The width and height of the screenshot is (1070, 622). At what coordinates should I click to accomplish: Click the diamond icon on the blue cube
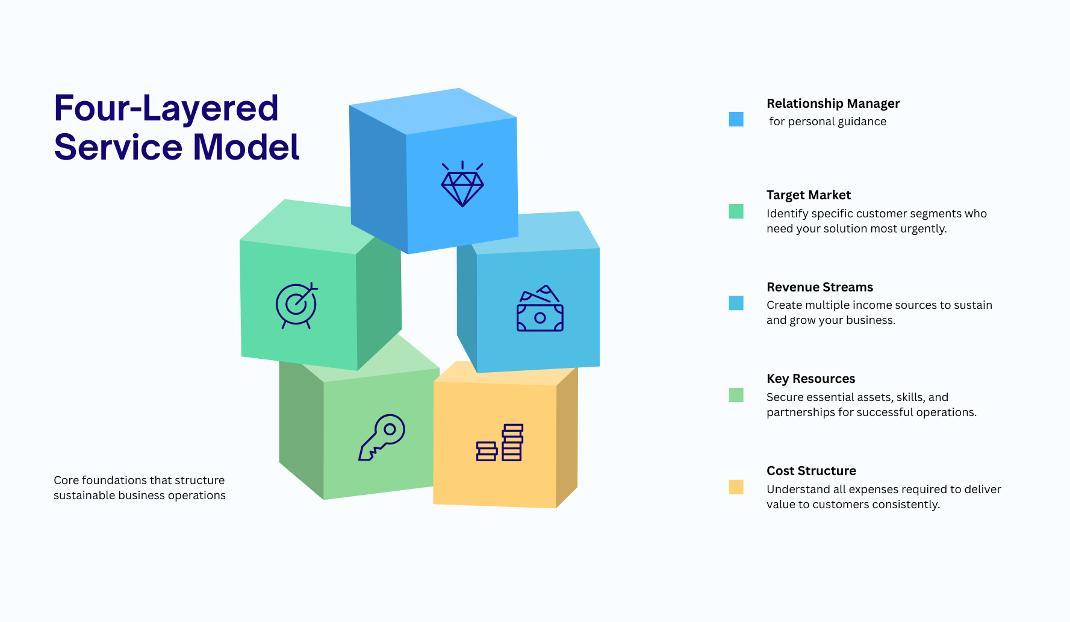462,184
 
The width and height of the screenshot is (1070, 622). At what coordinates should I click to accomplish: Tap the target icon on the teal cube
297,305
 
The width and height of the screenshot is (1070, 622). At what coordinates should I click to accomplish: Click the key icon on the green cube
382,437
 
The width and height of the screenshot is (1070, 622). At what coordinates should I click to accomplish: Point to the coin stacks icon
500,443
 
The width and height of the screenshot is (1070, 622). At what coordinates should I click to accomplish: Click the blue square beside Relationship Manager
736,119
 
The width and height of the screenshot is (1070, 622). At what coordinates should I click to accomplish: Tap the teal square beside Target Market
736,211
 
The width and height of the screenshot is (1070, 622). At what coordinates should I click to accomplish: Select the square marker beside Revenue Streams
736,303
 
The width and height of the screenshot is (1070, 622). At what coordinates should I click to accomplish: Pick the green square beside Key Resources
736,395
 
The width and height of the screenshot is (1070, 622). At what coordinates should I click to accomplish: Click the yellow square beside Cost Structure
736,487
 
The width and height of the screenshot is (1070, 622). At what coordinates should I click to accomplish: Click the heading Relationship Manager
833,104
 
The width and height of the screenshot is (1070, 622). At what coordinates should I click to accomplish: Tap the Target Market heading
809,195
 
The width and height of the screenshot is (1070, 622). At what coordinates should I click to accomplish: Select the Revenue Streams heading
820,287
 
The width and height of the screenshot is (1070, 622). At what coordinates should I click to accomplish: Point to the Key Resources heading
810,379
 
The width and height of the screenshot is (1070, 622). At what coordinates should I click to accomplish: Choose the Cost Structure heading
811,471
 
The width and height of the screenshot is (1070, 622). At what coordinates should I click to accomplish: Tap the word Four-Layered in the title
166,108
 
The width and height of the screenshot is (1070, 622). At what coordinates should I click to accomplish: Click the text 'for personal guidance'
827,122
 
